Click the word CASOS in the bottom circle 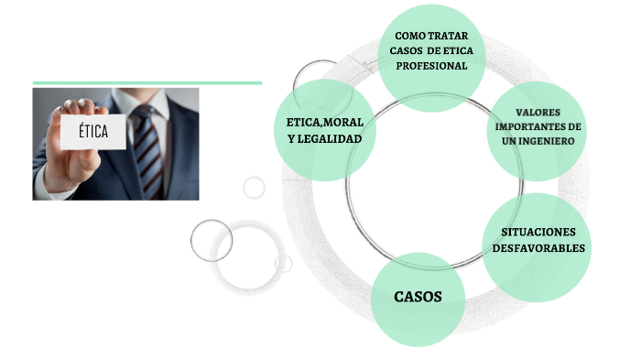click(418, 297)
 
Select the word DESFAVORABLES click(538, 247)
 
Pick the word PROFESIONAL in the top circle click(431, 66)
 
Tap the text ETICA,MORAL click(324, 123)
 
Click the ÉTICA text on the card click(92, 133)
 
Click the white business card click(92, 133)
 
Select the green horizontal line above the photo click(147, 82)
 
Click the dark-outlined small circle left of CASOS click(212, 240)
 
